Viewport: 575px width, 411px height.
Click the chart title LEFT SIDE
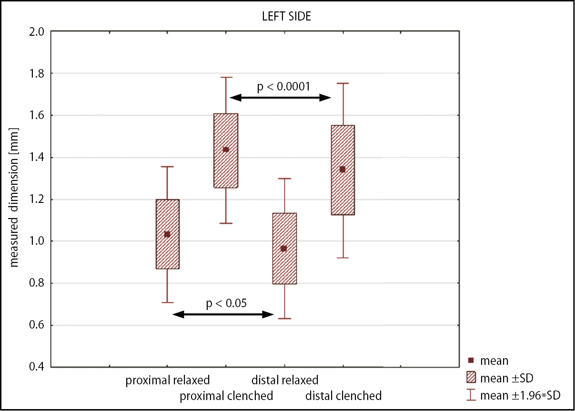287,16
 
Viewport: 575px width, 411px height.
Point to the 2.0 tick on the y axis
37,32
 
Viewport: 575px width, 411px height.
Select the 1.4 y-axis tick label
37,158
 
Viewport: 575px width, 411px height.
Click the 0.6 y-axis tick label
37,326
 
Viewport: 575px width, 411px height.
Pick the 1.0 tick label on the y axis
37,241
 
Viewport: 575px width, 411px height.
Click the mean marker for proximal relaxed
167,234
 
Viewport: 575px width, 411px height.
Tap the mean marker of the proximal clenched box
226,150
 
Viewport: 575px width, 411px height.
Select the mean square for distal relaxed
284,249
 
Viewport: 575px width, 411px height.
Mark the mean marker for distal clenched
342,169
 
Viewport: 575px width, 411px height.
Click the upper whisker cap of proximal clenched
226,77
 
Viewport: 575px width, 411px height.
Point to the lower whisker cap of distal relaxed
284,318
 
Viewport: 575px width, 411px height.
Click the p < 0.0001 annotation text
284,87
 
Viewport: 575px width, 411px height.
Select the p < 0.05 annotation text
226,303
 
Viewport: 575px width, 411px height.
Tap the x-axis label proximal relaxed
168,381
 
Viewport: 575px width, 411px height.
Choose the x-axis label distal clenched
343,396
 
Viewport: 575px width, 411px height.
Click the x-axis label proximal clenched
226,396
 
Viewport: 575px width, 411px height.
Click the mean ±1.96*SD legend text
520,395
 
